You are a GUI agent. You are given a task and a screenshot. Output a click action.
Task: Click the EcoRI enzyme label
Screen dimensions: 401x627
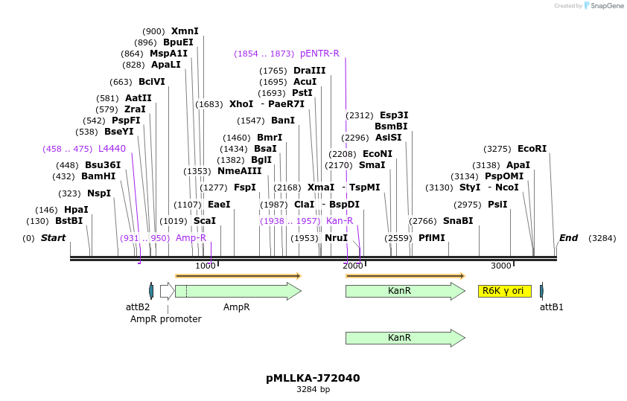pos(532,149)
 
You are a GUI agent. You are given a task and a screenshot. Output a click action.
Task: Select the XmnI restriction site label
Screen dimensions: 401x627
pos(185,31)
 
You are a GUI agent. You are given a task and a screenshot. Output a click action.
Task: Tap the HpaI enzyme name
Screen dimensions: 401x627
pos(76,210)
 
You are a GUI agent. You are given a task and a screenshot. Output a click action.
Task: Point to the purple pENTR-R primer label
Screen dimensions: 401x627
pos(319,54)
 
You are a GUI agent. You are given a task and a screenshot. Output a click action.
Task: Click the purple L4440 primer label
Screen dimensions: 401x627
pos(112,149)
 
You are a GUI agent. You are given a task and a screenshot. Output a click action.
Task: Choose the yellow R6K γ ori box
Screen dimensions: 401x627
pos(504,291)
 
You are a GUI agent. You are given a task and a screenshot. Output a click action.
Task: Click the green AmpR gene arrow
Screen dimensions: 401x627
pos(237,291)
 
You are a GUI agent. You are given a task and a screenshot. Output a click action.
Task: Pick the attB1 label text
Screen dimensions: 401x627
pos(551,307)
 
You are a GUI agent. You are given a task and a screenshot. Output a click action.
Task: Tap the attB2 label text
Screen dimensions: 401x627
pos(138,307)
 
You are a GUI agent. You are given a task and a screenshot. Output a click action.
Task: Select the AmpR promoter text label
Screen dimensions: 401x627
pos(166,319)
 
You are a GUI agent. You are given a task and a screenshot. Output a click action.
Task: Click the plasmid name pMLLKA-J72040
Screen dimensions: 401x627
pos(313,378)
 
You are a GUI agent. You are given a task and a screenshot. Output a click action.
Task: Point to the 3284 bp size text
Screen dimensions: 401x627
pos(313,389)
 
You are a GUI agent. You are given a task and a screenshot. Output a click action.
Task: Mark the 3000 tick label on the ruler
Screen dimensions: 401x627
pos(501,266)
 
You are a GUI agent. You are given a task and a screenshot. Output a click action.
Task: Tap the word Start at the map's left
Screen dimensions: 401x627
pos(53,238)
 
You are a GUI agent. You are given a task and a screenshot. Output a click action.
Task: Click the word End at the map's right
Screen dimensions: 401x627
pos(568,238)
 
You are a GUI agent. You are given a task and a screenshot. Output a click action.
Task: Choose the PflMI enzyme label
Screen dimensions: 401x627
pos(431,238)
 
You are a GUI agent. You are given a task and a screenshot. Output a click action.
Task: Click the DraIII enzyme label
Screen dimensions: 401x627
pos(309,71)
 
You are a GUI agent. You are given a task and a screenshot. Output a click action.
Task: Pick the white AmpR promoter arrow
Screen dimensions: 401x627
pos(167,291)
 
